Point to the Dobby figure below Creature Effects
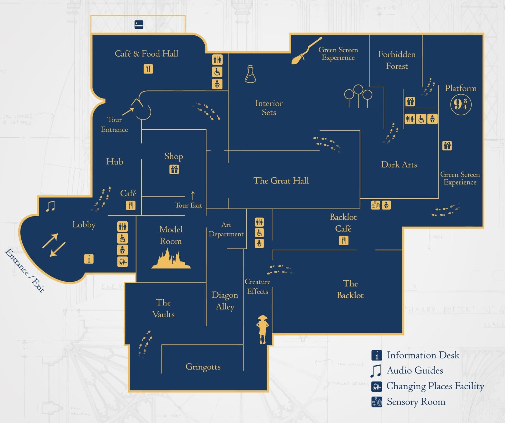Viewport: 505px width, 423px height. [262, 329]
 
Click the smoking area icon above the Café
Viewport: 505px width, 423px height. [139, 25]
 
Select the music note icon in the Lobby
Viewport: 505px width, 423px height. [50, 206]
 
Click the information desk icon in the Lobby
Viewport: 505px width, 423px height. [89, 259]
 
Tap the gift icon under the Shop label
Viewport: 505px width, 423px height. [174, 169]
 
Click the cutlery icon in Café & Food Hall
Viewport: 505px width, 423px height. [148, 69]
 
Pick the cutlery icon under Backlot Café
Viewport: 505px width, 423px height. [344, 240]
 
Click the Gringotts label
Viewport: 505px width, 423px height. [203, 367]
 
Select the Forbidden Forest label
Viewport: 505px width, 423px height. [397, 60]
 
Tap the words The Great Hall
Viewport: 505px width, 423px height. [281, 181]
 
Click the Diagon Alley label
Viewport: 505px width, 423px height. [225, 301]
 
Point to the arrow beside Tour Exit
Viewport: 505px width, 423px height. [193, 196]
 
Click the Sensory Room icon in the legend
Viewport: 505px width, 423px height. [377, 402]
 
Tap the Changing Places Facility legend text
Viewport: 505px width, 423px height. [435, 386]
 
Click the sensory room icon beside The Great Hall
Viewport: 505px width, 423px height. [376, 205]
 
